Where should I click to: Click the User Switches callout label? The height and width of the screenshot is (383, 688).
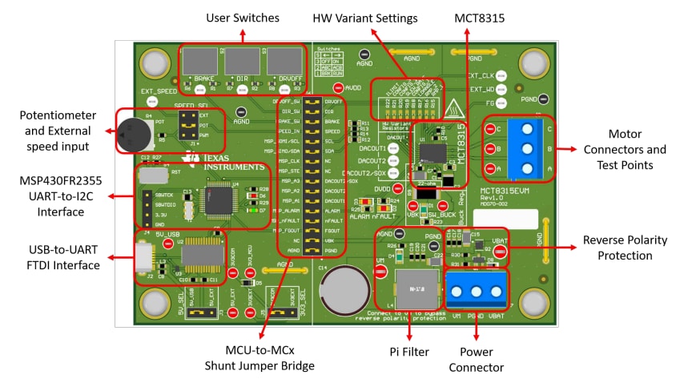click(x=243, y=18)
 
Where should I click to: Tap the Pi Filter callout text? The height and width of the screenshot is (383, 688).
click(x=409, y=350)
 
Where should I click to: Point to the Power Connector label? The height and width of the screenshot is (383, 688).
click(x=481, y=359)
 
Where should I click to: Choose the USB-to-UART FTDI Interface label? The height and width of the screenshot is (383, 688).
click(x=54, y=258)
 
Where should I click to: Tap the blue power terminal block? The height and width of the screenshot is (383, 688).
click(x=481, y=289)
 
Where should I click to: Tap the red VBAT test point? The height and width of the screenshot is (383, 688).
click(x=500, y=252)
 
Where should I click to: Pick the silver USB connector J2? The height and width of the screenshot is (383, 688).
click(x=143, y=257)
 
